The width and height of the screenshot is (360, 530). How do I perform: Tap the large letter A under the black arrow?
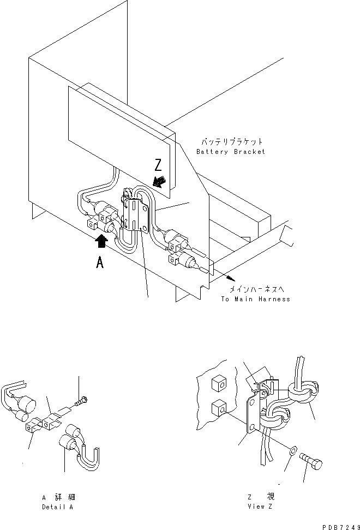(x=100, y=263)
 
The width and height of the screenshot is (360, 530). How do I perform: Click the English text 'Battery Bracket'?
(x=231, y=152)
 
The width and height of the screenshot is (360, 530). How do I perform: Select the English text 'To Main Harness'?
(x=255, y=299)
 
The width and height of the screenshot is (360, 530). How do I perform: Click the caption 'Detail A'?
(x=58, y=507)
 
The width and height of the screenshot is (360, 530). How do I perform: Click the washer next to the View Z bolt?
(x=293, y=451)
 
